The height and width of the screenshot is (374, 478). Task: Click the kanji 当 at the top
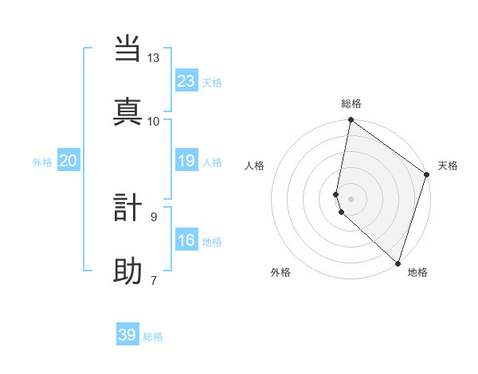pos(128,49)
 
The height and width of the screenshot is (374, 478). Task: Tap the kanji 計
pos(128,208)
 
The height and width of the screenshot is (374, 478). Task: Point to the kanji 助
pos(128,271)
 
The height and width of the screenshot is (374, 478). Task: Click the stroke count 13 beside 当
pos(154,58)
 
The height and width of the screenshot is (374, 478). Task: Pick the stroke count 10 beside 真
pos(154,121)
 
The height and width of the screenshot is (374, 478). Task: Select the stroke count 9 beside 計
pos(154,216)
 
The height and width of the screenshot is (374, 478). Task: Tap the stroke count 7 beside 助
pos(154,280)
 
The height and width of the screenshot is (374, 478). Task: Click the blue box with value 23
pos(186,80)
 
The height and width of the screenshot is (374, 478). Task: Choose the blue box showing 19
pos(186,161)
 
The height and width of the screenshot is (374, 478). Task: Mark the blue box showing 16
pos(186,240)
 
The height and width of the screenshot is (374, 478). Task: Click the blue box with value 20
pos(69,161)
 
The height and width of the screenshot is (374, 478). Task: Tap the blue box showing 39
pos(127,335)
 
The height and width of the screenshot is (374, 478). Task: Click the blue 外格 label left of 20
pos(42,162)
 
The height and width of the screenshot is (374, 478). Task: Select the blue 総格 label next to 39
pos(153,337)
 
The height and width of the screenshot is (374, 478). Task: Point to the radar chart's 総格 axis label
pos(351,103)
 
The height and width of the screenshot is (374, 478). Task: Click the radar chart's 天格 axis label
pos(448,166)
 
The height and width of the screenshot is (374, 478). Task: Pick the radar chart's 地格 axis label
pos(417,272)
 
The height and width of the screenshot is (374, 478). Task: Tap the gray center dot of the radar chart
pos(351,198)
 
